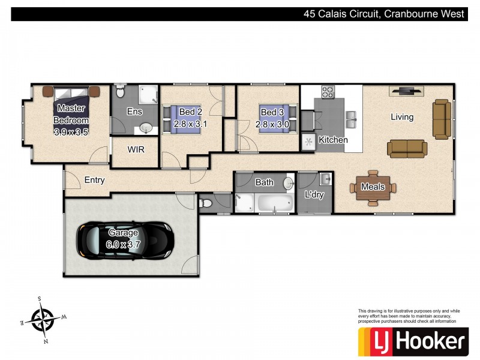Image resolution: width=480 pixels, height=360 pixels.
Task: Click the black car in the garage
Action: coord(124,242)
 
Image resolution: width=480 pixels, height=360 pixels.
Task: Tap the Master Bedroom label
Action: coord(71,115)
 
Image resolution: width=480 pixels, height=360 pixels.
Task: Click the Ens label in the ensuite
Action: coord(134,112)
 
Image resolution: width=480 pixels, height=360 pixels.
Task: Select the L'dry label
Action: coord(314,195)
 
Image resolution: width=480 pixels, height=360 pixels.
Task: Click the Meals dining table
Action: coord(373,187)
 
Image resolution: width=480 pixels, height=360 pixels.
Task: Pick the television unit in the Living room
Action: coord(406,91)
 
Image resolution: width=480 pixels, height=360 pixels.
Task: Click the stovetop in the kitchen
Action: coord(328,92)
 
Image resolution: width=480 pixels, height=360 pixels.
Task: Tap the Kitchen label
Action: coord(333,140)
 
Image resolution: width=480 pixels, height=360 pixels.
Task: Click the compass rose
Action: coord(43,318)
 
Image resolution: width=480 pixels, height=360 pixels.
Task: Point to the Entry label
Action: coord(94,180)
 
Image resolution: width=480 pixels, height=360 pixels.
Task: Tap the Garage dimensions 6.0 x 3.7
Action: coord(124,244)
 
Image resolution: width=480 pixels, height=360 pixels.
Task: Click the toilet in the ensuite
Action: coord(119,91)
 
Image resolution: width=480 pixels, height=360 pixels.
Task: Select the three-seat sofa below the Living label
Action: coord(407,148)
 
